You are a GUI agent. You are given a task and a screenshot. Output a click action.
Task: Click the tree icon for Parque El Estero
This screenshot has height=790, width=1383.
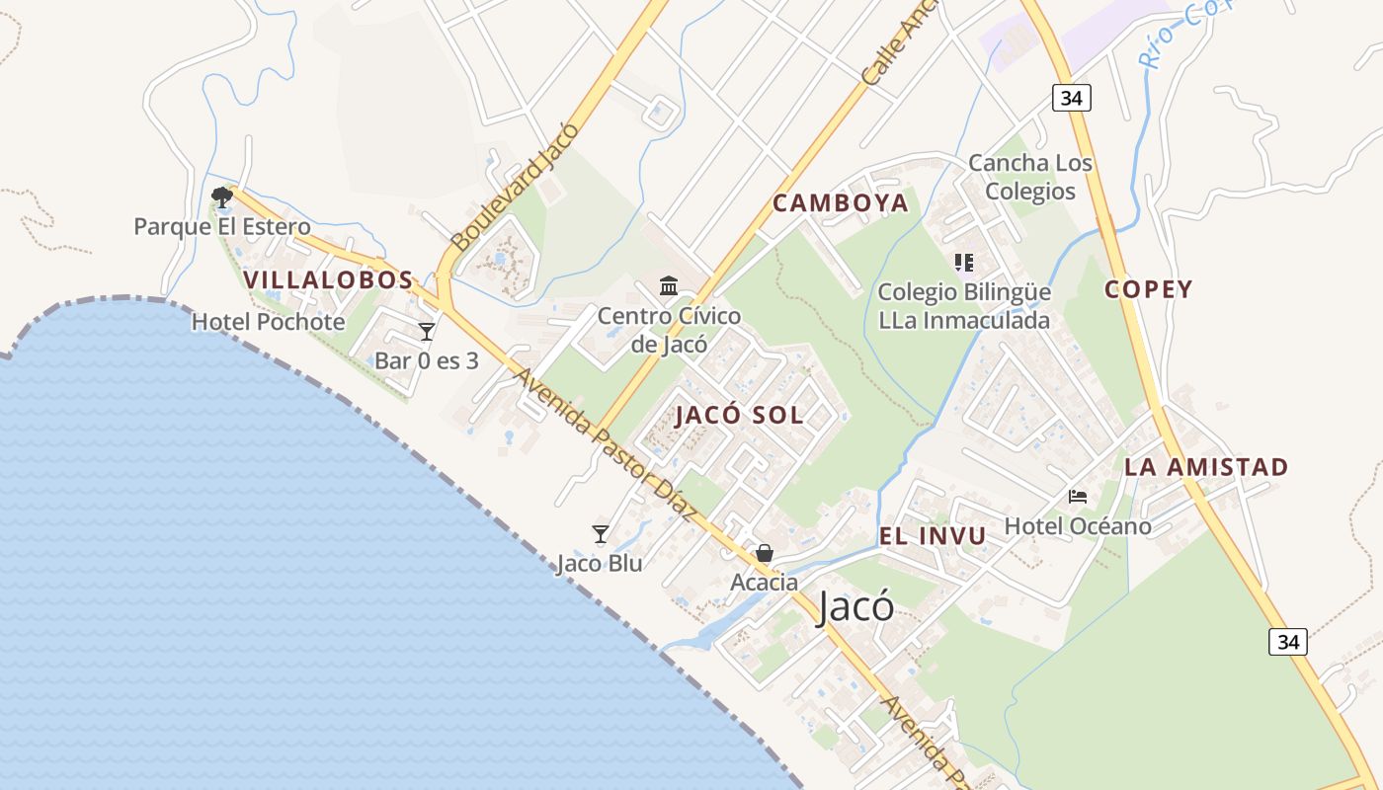click(x=222, y=197)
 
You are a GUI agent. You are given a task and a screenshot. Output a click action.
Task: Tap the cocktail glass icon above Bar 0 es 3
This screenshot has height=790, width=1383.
click(x=427, y=332)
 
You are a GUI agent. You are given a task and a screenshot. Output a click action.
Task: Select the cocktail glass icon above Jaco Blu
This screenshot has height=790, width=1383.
click(x=600, y=534)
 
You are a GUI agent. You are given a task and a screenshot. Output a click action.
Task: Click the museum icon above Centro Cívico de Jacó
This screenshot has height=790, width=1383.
click(x=669, y=286)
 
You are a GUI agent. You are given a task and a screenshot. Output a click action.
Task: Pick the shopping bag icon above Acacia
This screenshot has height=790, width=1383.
click(x=765, y=553)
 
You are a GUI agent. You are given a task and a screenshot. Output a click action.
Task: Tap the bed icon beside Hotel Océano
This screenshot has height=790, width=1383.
click(x=1078, y=496)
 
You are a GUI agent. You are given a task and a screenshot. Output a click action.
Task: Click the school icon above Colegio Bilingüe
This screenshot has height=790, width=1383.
click(x=963, y=263)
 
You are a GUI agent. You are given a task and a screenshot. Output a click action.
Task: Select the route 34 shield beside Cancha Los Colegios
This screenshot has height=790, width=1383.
click(x=1071, y=97)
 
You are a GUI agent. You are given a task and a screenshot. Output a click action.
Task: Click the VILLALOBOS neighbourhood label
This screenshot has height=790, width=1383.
click(x=328, y=279)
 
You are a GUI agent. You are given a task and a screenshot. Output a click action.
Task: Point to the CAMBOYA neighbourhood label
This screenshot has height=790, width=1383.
click(x=841, y=203)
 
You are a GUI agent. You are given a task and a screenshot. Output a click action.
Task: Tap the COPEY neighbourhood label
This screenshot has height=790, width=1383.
click(x=1149, y=289)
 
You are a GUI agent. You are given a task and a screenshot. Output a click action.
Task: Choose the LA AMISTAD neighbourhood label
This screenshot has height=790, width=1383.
click(x=1206, y=467)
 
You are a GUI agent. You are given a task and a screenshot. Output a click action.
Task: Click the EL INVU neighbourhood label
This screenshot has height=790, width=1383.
click(x=933, y=536)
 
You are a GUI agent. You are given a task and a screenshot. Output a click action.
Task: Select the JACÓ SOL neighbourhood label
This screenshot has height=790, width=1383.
click(x=740, y=416)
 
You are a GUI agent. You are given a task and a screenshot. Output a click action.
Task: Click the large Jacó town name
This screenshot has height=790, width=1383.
click(x=855, y=607)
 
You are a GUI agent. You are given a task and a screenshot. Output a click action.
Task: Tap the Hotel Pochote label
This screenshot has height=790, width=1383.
click(x=269, y=322)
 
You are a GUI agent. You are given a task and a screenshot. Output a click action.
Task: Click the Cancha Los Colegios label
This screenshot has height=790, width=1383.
click(x=1030, y=177)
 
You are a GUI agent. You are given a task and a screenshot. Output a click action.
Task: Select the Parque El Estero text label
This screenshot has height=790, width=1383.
click(x=222, y=227)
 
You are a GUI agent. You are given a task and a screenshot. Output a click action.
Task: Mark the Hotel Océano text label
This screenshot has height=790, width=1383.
click(x=1078, y=526)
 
